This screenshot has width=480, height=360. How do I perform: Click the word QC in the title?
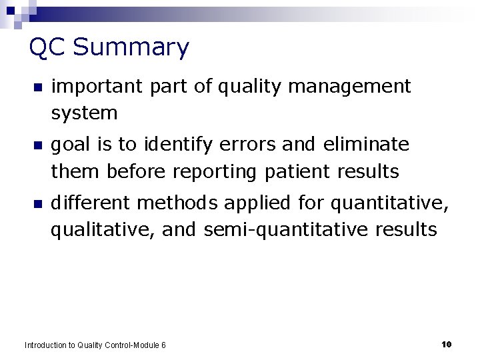click(x=48, y=48)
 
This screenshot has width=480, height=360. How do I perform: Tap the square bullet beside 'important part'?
click(x=37, y=88)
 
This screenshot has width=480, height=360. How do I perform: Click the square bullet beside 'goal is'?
click(x=37, y=146)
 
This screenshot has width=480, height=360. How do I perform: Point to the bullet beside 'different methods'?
click(x=37, y=204)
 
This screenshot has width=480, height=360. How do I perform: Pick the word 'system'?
click(x=84, y=114)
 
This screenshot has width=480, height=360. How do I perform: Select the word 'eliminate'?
click(x=366, y=145)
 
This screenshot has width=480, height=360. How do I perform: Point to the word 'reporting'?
click(x=214, y=172)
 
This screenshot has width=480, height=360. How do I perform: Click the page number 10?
click(x=447, y=344)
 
